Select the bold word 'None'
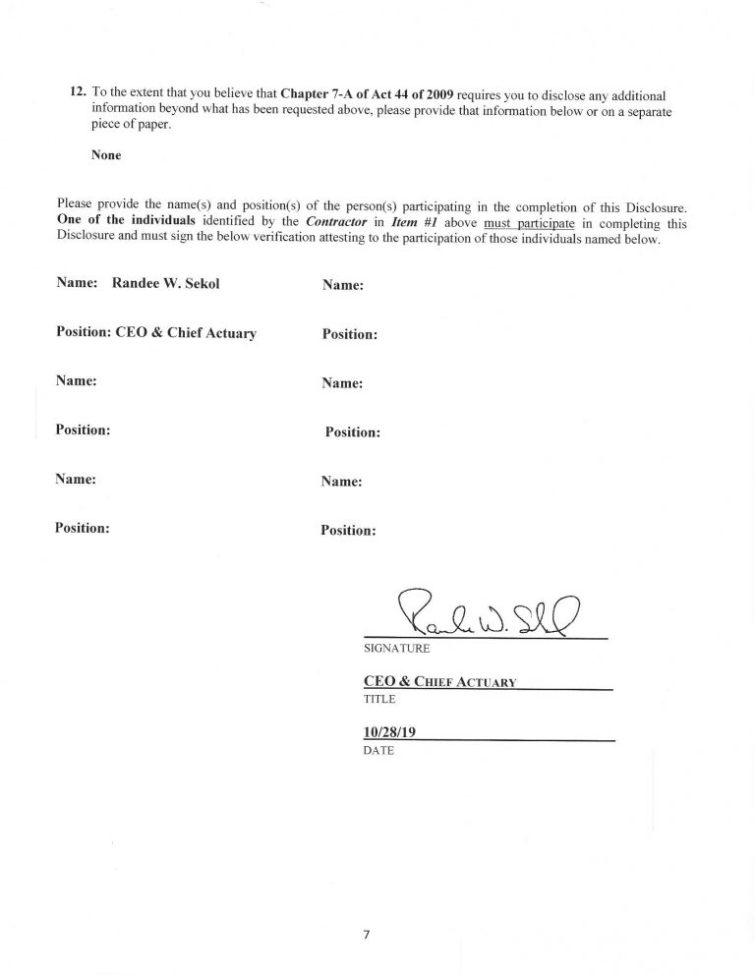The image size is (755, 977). [x=106, y=154]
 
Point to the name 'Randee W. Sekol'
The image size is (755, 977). [x=169, y=283]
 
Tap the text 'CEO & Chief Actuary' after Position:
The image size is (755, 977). [x=186, y=332]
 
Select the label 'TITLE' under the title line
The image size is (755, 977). [x=378, y=699]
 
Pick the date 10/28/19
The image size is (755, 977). [x=390, y=731]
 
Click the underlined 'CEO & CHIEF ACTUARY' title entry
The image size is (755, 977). [x=439, y=681]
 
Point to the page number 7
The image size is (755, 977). [x=365, y=935]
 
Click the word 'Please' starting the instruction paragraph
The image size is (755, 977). [x=78, y=206]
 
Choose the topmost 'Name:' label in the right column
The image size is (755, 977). [x=343, y=285]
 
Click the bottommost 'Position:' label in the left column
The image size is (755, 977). [x=82, y=527]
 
